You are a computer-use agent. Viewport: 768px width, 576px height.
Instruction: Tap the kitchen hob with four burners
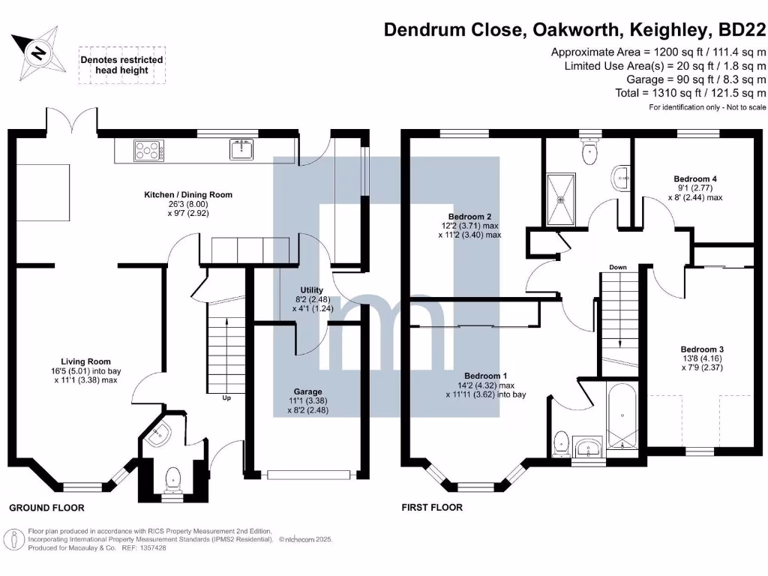(148, 151)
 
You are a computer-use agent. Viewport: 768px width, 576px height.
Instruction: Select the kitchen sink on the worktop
(241, 150)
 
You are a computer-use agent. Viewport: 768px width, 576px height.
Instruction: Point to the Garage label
(307, 391)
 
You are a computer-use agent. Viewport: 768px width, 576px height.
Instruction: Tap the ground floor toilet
(172, 477)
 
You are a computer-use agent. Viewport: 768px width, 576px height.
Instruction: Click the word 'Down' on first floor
(618, 267)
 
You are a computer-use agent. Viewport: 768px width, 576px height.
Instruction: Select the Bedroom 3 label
(702, 349)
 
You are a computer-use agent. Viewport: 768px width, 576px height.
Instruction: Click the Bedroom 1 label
(485, 375)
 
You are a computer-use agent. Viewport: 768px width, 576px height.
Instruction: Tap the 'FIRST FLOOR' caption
(432, 508)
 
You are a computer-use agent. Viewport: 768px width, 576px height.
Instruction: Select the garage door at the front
(310, 474)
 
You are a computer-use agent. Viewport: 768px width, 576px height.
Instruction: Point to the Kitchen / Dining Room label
(188, 194)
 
